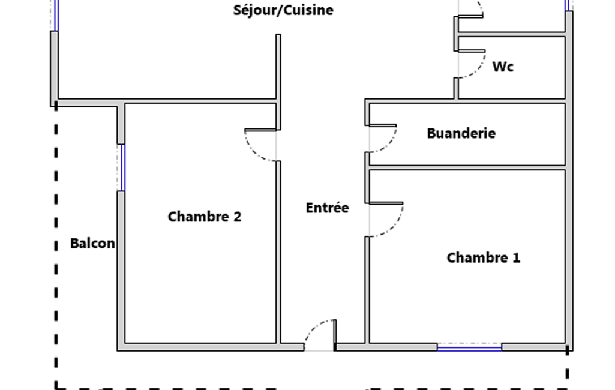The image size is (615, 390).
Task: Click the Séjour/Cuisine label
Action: pyautogui.click(x=283, y=10)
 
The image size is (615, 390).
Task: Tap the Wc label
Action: pyautogui.click(x=503, y=67)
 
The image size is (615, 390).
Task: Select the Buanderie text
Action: pyautogui.click(x=461, y=133)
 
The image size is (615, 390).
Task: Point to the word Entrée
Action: pyautogui.click(x=327, y=208)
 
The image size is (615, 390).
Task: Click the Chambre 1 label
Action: pyautogui.click(x=483, y=258)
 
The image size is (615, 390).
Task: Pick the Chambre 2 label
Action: pyautogui.click(x=204, y=217)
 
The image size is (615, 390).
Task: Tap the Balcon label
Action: pyautogui.click(x=92, y=244)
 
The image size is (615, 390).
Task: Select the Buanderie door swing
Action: pyautogui.click(x=390, y=143)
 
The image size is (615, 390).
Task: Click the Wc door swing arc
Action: pyautogui.click(x=478, y=68)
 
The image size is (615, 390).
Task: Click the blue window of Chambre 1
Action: pyautogui.click(x=469, y=347)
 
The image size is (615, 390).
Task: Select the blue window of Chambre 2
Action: pyautogui.click(x=122, y=167)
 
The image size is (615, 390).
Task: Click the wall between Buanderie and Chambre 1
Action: pyautogui.click(x=467, y=167)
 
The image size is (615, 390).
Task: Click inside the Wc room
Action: pyautogui.click(x=528, y=81)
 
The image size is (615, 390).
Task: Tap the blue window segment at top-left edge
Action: pyautogui.click(x=56, y=15)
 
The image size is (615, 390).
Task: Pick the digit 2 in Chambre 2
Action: pyautogui.click(x=237, y=217)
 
